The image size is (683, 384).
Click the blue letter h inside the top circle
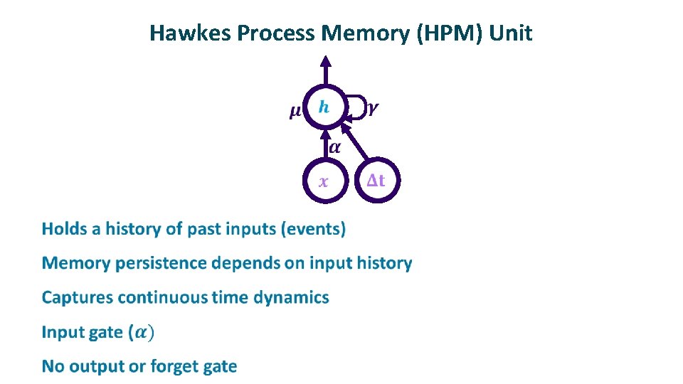(x=324, y=107)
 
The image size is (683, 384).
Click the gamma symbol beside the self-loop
(x=374, y=108)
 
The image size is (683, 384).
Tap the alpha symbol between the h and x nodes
(x=335, y=147)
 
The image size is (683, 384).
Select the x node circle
(x=324, y=181)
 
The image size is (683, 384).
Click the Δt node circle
(x=376, y=181)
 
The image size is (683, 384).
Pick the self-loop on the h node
(x=358, y=107)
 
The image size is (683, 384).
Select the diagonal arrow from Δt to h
(x=355, y=142)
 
